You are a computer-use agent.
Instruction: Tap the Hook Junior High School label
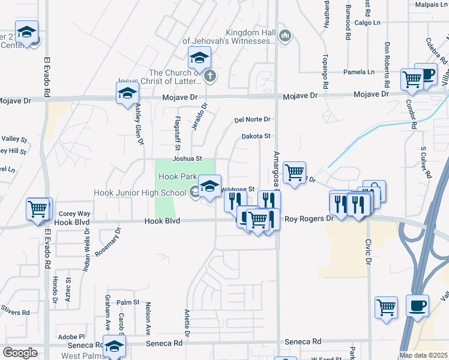[140, 193]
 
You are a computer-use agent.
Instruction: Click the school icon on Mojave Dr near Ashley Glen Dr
[128, 94]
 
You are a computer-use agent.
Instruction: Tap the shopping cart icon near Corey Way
[38, 209]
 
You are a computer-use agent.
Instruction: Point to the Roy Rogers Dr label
[309, 219]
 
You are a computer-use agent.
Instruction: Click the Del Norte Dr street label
[253, 119]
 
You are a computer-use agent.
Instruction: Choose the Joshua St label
[187, 159]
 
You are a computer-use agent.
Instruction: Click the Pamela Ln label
[359, 72]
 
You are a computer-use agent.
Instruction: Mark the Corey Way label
[74, 214]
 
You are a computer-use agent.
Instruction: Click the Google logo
[20, 353]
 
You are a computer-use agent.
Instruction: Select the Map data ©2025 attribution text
[423, 355]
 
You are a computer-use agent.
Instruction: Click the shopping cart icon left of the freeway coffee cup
[386, 307]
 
